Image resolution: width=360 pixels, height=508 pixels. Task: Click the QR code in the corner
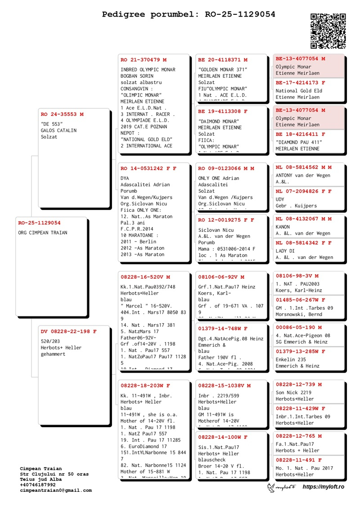328,31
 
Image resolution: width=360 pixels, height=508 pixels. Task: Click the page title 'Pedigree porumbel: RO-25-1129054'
189,14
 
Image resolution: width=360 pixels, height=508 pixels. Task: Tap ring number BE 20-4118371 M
223,60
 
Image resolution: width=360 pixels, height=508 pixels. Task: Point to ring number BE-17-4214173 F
301,83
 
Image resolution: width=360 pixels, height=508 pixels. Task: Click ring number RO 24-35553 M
62,114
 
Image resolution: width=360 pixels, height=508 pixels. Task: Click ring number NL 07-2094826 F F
304,191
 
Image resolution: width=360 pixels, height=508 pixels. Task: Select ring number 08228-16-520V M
145,277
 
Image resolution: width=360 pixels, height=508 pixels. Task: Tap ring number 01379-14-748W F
223,329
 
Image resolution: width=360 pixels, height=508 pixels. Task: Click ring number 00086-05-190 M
299,328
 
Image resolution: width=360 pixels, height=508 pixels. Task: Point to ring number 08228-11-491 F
299,460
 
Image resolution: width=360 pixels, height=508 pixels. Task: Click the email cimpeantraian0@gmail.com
56,490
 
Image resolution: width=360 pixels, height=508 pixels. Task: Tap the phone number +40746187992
38,485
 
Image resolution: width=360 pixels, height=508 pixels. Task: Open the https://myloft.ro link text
323,487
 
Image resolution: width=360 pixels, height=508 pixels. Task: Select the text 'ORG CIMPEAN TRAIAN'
43,233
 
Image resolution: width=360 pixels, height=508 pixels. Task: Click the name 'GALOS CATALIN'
59,130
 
